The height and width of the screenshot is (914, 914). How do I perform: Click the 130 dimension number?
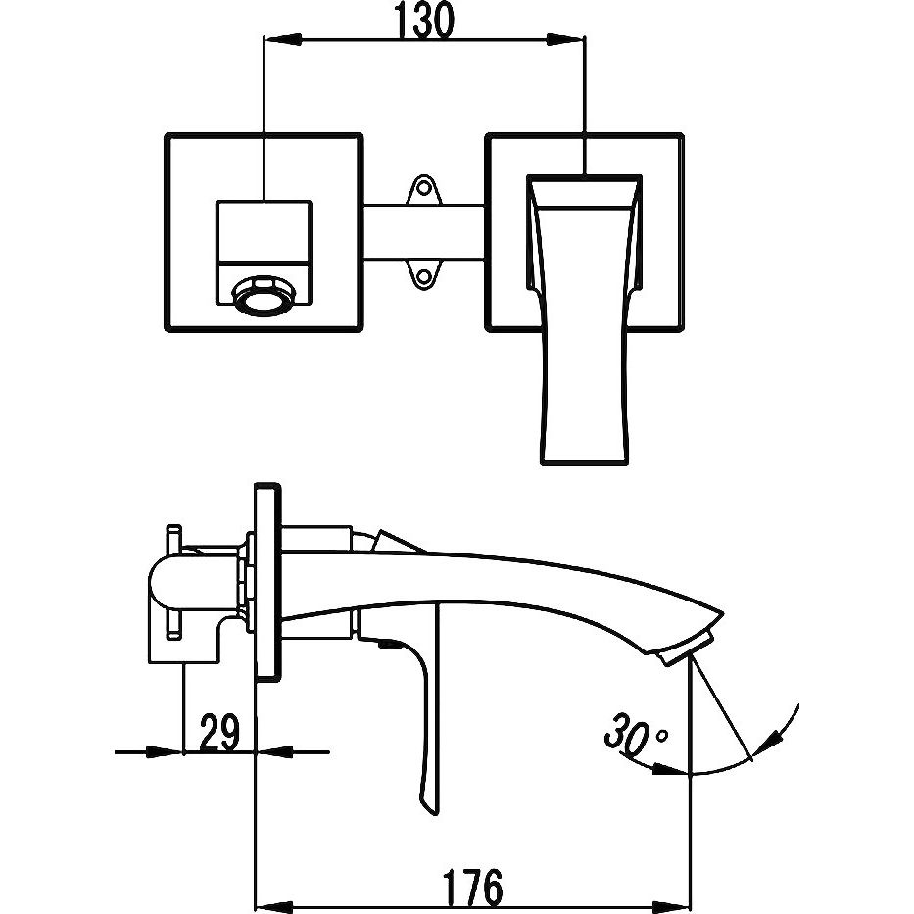pos(425,22)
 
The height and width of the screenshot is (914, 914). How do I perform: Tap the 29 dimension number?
pos(219,733)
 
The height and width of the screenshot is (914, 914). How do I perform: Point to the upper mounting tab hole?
pos(424,185)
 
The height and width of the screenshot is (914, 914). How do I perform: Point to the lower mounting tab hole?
pos(424,278)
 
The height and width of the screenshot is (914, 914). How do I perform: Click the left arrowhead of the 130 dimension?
pos(280,40)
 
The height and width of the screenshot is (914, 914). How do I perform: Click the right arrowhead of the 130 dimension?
pos(568,40)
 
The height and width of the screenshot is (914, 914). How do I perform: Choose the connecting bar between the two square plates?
pos(423,232)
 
